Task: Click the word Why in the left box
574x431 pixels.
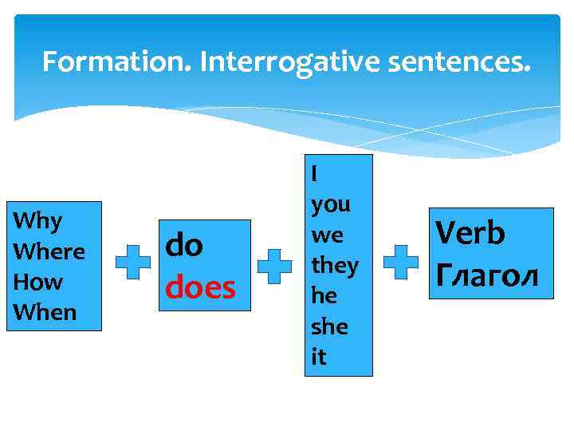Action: click(38, 220)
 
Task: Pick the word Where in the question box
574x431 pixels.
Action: click(49, 251)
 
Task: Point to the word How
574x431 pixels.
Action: click(38, 282)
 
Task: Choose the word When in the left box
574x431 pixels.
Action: click(45, 312)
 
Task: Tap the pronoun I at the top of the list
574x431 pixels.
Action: click(315, 172)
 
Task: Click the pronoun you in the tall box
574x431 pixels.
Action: click(330, 204)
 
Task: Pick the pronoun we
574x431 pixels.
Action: click(326, 235)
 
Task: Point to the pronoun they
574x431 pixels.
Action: click(334, 265)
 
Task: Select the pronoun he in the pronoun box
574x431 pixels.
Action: click(324, 295)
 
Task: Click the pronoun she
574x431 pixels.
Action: click(328, 326)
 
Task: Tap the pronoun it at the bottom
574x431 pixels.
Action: click(318, 357)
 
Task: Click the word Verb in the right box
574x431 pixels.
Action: click(470, 234)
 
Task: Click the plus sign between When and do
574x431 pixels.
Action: click(132, 264)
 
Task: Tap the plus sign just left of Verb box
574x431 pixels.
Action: click(401, 263)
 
